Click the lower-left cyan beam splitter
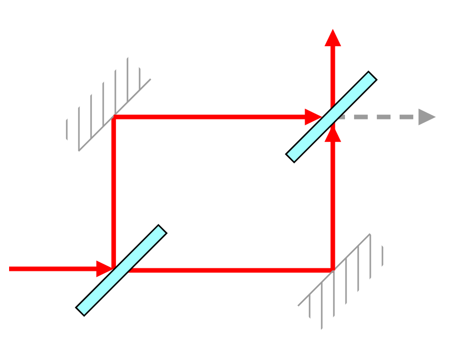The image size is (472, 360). point(121,270)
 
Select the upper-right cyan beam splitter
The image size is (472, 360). point(331,116)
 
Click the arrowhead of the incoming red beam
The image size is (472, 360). point(104,269)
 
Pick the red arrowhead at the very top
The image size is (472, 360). point(333,38)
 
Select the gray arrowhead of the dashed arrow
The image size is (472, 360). point(426,117)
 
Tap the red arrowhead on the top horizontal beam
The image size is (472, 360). point(313,117)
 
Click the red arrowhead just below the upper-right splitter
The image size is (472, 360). point(333,134)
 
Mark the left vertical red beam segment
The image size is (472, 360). point(114,192)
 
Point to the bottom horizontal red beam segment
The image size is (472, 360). point(228,270)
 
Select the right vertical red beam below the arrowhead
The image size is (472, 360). point(333,203)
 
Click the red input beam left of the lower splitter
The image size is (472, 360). point(51,269)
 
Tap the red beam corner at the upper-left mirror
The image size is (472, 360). point(115,117)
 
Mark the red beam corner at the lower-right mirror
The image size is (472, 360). point(332,269)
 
